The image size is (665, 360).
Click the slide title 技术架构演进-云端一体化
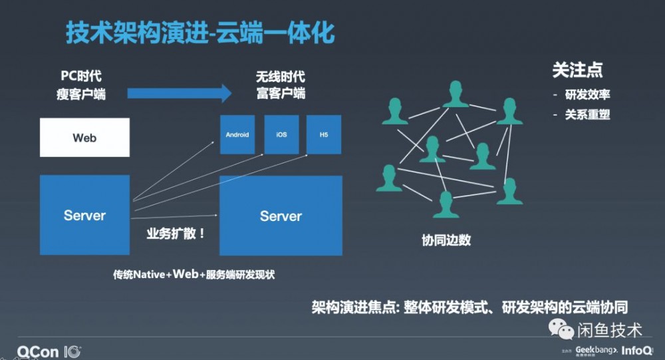click(200, 32)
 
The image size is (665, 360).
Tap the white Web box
click(84, 138)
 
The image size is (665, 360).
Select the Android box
click(237, 134)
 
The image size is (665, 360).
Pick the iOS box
click(281, 134)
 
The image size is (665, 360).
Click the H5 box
click(324, 134)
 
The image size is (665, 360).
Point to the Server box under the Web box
click(84, 215)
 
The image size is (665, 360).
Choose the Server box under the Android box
click(281, 216)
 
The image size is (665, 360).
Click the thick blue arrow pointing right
click(180, 92)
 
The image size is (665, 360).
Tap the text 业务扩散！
click(176, 234)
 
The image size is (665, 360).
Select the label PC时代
click(82, 77)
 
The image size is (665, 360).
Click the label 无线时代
click(281, 77)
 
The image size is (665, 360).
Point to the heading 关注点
click(577, 71)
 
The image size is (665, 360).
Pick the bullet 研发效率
click(587, 94)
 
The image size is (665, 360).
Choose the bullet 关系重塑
click(587, 114)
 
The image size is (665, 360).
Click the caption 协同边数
click(446, 240)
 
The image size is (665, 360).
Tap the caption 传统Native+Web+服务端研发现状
click(194, 273)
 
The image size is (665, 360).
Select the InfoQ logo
click(640, 350)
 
